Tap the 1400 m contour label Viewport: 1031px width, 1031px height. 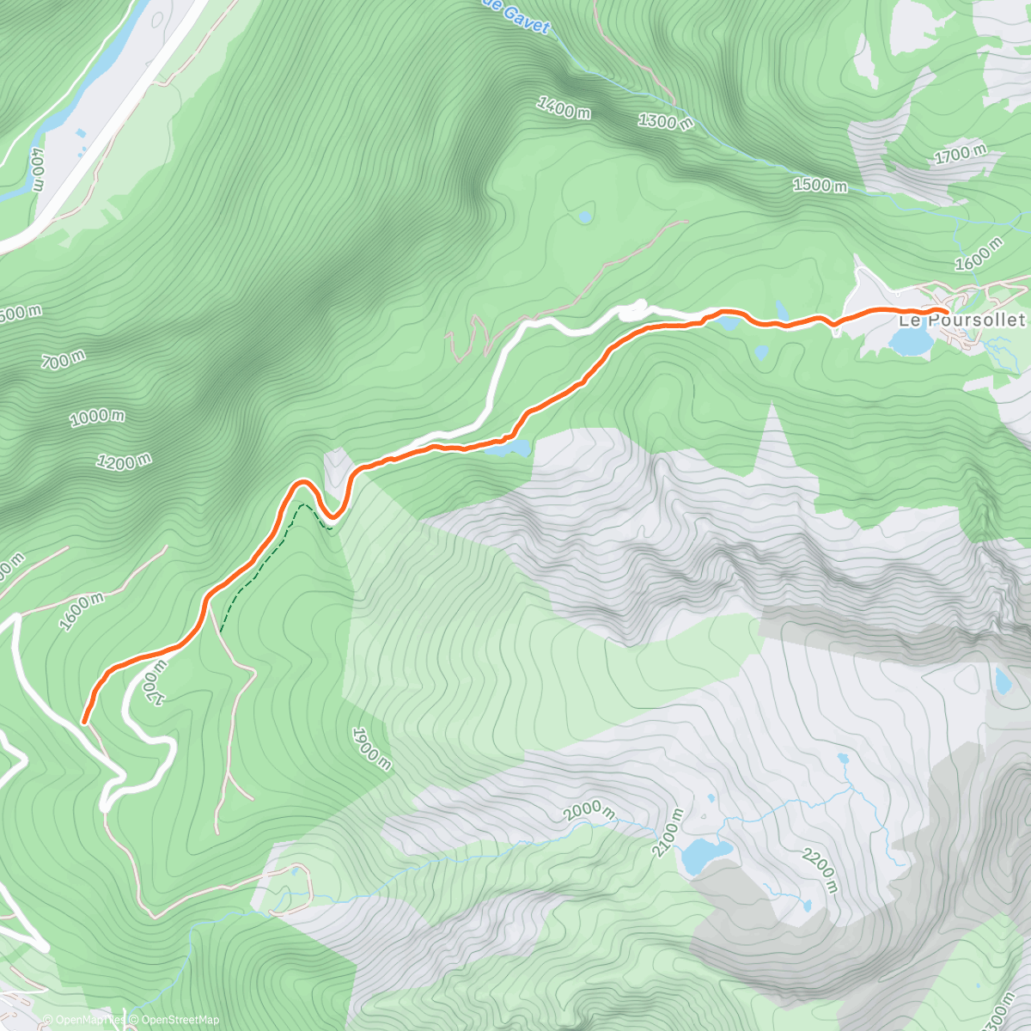click(564, 108)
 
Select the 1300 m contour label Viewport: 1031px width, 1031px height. click(665, 120)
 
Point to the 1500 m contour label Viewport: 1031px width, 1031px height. click(820, 185)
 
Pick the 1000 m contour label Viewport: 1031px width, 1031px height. click(97, 418)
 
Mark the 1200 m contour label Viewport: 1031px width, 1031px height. click(124, 462)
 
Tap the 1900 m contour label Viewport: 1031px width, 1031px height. click(371, 748)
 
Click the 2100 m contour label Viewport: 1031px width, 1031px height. click(667, 833)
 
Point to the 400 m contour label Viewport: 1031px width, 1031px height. click(37, 168)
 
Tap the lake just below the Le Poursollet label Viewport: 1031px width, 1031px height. click(911, 342)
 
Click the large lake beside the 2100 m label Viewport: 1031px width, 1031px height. click(706, 855)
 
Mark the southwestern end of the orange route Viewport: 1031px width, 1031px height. click(84, 721)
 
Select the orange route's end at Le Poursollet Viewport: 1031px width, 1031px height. click(945, 310)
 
